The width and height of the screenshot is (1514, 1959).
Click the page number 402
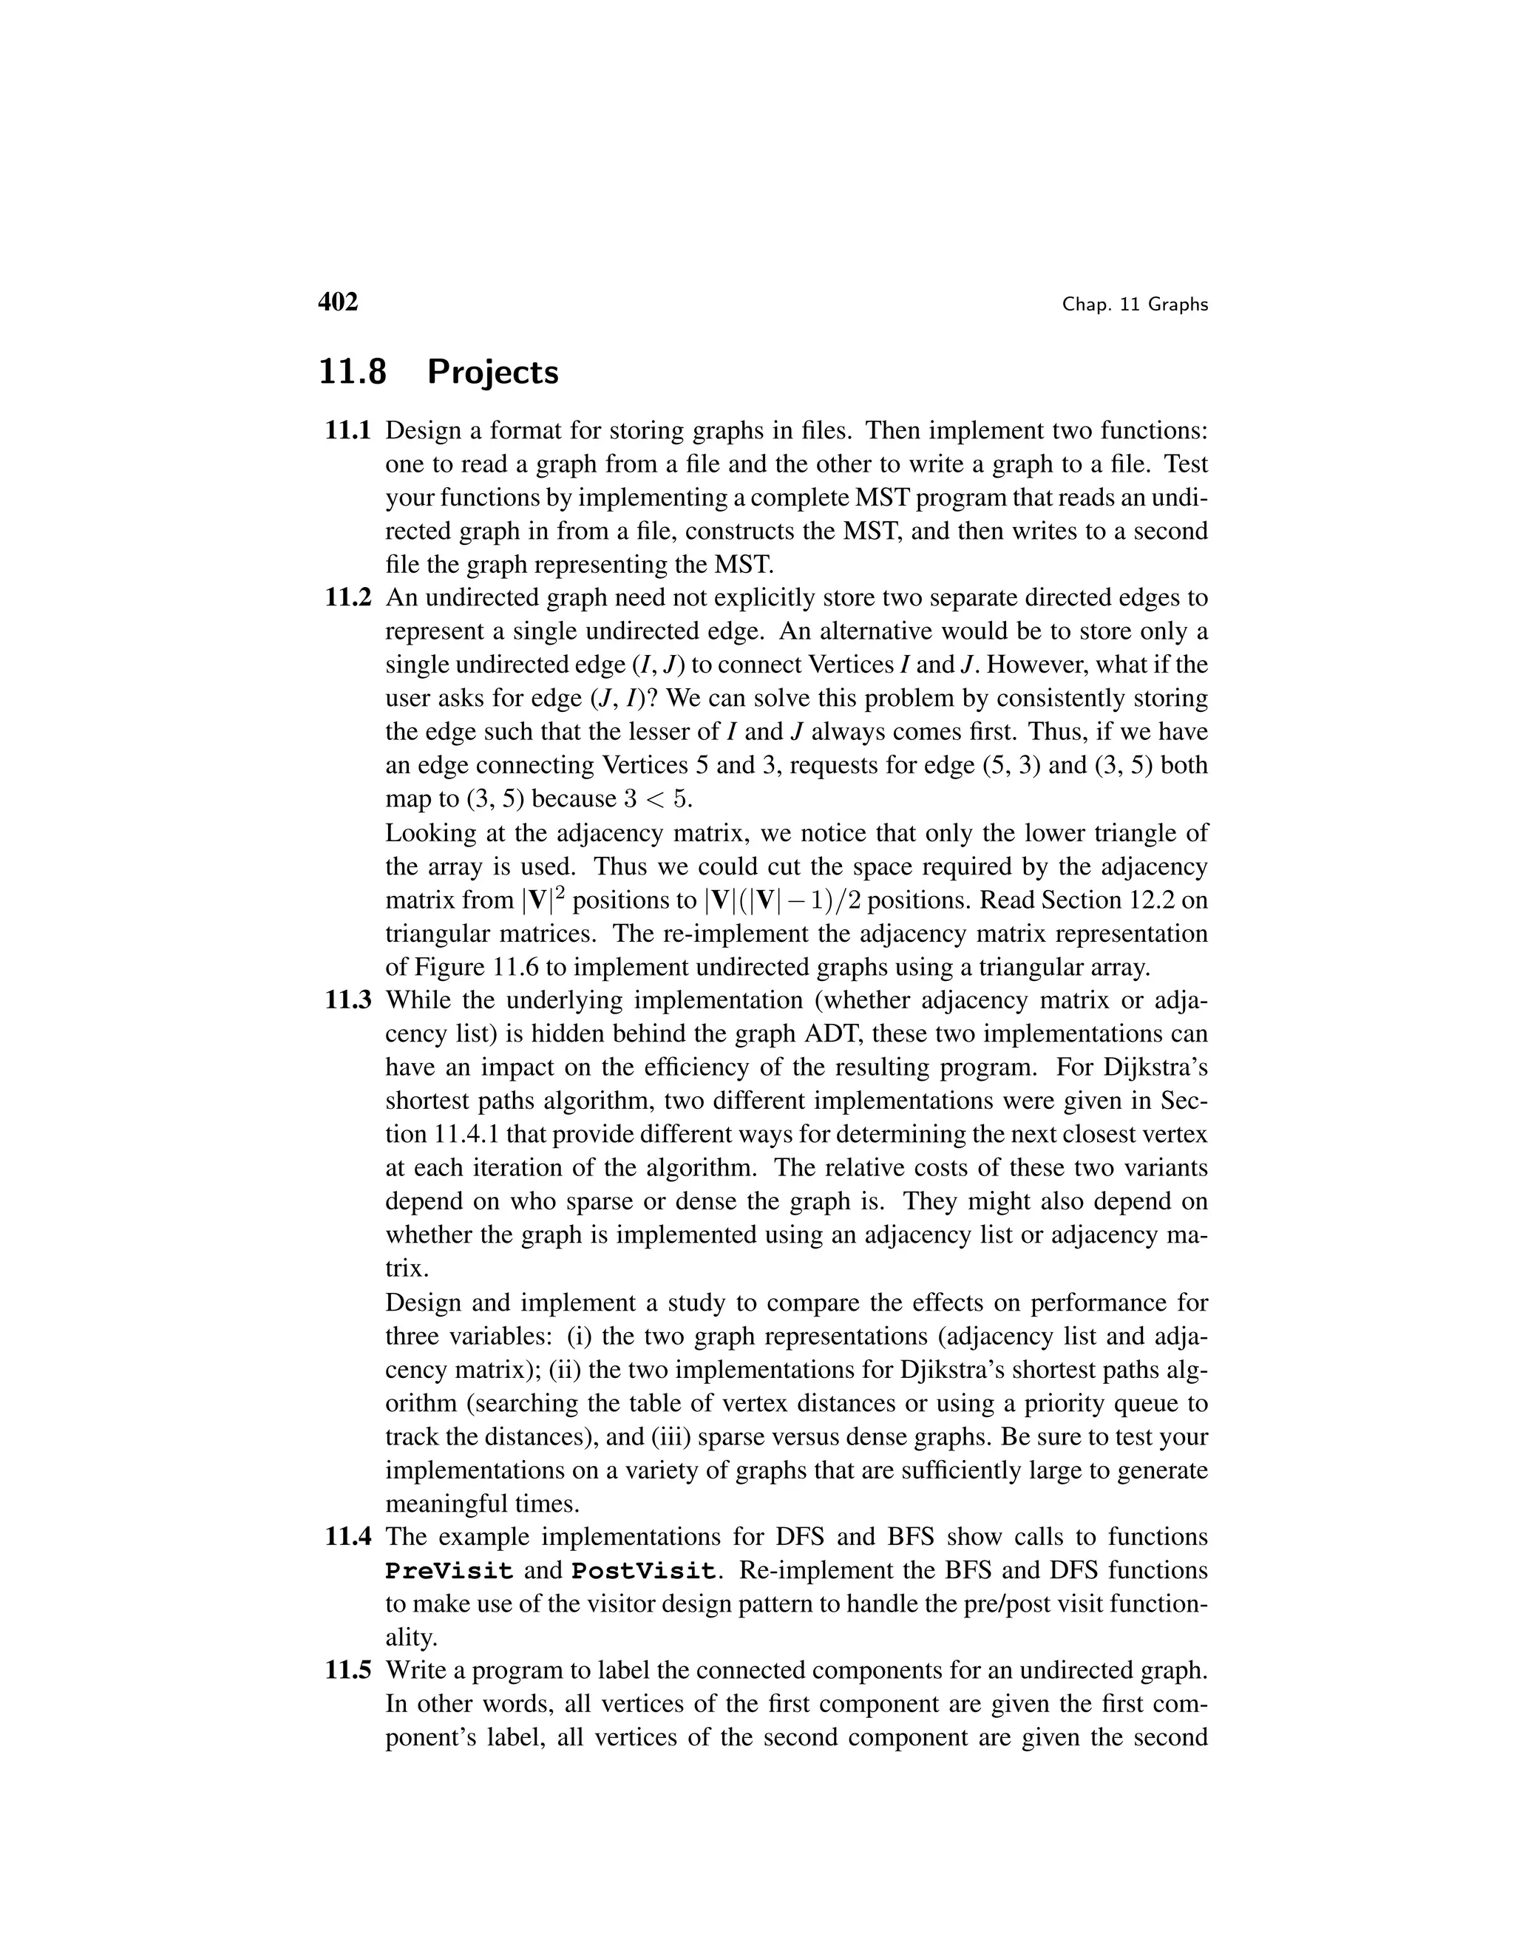point(338,302)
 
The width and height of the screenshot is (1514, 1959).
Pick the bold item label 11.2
point(348,598)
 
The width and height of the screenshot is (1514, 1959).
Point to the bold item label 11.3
point(348,1001)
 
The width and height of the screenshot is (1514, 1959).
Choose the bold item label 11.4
point(348,1538)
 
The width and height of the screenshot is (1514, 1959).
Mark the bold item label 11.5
point(348,1671)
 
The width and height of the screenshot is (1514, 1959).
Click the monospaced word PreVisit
point(449,1572)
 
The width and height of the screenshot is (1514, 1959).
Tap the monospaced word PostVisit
point(644,1572)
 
